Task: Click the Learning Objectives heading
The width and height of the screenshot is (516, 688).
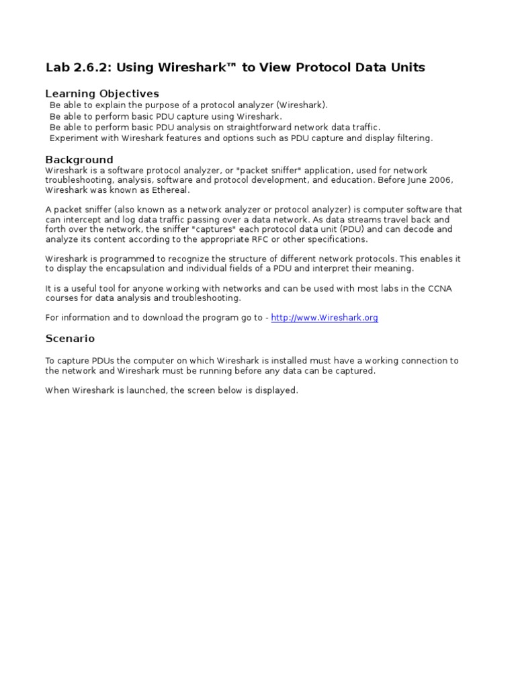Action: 102,93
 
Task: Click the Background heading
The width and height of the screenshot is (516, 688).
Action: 79,160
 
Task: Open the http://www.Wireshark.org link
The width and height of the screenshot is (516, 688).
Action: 325,318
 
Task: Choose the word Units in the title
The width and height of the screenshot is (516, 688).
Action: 409,68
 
